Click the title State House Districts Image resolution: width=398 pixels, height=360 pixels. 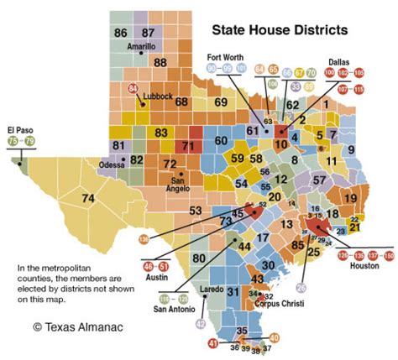coord(279,31)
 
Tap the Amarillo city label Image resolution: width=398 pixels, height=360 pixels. coord(141,47)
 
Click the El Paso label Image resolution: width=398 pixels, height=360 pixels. coord(19,130)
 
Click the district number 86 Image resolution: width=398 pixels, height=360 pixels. coord(121,32)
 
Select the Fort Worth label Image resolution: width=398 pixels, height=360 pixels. coord(226,57)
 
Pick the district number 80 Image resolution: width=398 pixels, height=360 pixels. coord(200,258)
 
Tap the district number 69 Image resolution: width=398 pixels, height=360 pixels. coord(221,102)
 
